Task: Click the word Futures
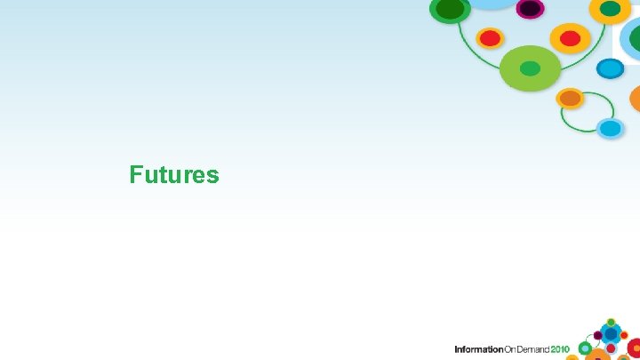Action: (x=173, y=174)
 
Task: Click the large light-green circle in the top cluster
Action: (x=530, y=68)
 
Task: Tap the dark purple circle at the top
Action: (x=531, y=8)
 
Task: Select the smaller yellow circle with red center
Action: (x=489, y=38)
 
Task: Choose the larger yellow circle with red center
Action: (x=570, y=38)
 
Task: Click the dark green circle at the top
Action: (x=451, y=9)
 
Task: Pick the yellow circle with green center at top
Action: (x=610, y=9)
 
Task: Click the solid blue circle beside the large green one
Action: (x=610, y=68)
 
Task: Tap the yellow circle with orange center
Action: (x=570, y=97)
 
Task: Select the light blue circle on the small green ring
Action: (x=610, y=128)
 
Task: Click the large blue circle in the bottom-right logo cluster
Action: (x=610, y=334)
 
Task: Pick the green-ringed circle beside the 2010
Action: (x=585, y=348)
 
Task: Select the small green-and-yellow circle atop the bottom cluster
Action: (x=611, y=322)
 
